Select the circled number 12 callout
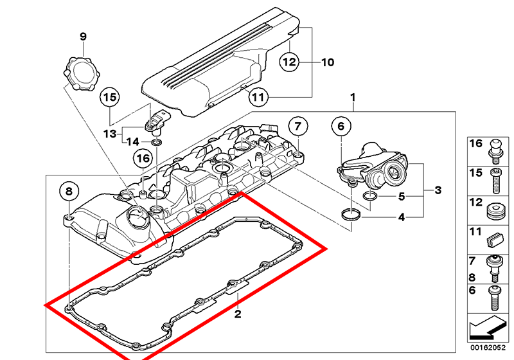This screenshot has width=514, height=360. click(x=290, y=62)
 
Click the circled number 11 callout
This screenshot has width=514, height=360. click(x=258, y=98)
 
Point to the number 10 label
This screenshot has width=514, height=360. click(x=328, y=62)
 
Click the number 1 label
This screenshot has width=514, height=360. click(x=352, y=98)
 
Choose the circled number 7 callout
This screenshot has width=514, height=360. click(x=297, y=126)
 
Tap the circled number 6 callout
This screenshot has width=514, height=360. click(x=341, y=126)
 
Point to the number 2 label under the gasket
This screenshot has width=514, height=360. click(x=238, y=314)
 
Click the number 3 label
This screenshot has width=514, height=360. click(x=438, y=190)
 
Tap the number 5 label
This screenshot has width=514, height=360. click(x=402, y=196)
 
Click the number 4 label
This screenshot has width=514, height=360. click(x=402, y=217)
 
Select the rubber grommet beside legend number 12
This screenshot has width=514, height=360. click(x=495, y=212)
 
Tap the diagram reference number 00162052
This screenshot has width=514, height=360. click(x=488, y=348)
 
